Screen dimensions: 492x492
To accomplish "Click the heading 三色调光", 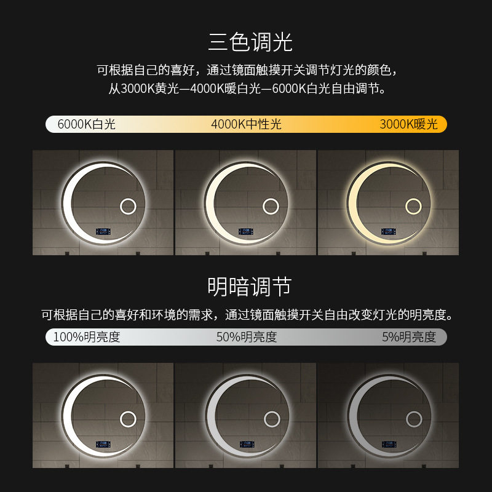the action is pyautogui.click(x=250, y=42).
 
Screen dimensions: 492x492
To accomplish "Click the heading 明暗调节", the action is pyautogui.click(x=250, y=287).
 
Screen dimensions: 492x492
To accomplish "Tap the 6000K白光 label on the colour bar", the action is pyautogui.click(x=87, y=124).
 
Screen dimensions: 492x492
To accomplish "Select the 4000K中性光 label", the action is pyautogui.click(x=247, y=124).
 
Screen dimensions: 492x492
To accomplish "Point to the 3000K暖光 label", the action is pyautogui.click(x=408, y=124).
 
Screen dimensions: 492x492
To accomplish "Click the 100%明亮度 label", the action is pyautogui.click(x=87, y=337).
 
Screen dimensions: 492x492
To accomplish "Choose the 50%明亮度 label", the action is pyautogui.click(x=247, y=337).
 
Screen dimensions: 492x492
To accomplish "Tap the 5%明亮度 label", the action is pyautogui.click(x=409, y=337).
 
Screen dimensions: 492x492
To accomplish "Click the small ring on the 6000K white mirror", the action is pyautogui.click(x=128, y=199).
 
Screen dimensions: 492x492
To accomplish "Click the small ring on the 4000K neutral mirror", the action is pyautogui.click(x=271, y=199).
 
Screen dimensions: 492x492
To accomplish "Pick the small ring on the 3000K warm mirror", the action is pyautogui.click(x=413, y=199).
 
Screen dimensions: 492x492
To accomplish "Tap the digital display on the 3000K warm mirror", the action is pyautogui.click(x=389, y=232).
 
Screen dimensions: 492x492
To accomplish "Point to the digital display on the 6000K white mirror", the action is pyautogui.click(x=103, y=232).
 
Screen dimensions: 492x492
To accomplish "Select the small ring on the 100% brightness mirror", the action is pyautogui.click(x=128, y=411).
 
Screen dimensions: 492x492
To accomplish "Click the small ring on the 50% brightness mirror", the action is pyautogui.click(x=272, y=411).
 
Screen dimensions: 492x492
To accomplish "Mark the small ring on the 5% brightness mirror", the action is pyautogui.click(x=414, y=411).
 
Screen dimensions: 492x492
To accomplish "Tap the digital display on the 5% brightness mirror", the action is pyautogui.click(x=389, y=444).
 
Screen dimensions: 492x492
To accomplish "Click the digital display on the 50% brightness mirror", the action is pyautogui.click(x=247, y=444).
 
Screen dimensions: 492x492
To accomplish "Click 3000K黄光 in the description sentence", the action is pyautogui.click(x=149, y=89).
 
